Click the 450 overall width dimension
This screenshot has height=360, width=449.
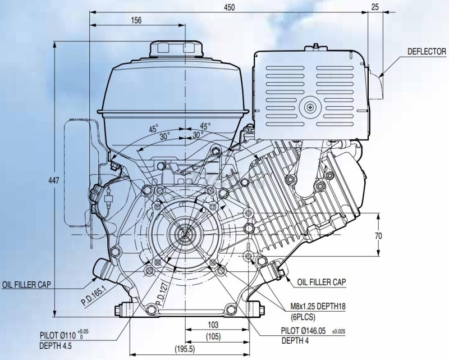pos(229,7)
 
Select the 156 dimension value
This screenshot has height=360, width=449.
pos(136,20)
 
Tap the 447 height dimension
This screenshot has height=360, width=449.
pos(54,180)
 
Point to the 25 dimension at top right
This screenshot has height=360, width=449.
pos(375,7)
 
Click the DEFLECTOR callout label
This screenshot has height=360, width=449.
pos(427,52)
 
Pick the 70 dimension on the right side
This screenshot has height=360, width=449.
pos(378,236)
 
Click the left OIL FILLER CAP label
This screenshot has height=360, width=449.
pos(26,284)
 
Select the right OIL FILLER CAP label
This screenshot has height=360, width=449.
pos(321,282)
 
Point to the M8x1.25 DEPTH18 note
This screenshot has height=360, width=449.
pos(318,307)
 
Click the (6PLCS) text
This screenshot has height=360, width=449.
pos(303,317)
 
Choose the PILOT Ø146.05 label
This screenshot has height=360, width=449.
pos(303,331)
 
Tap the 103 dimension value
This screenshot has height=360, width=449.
pos(213,325)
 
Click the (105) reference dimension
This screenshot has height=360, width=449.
pos(213,336)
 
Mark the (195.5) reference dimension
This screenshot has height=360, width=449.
pos(185,349)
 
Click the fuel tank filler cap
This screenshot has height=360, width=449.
pos(176,49)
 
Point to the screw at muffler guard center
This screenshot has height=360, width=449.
pos(310,108)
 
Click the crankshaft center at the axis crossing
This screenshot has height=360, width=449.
pos(185,235)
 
